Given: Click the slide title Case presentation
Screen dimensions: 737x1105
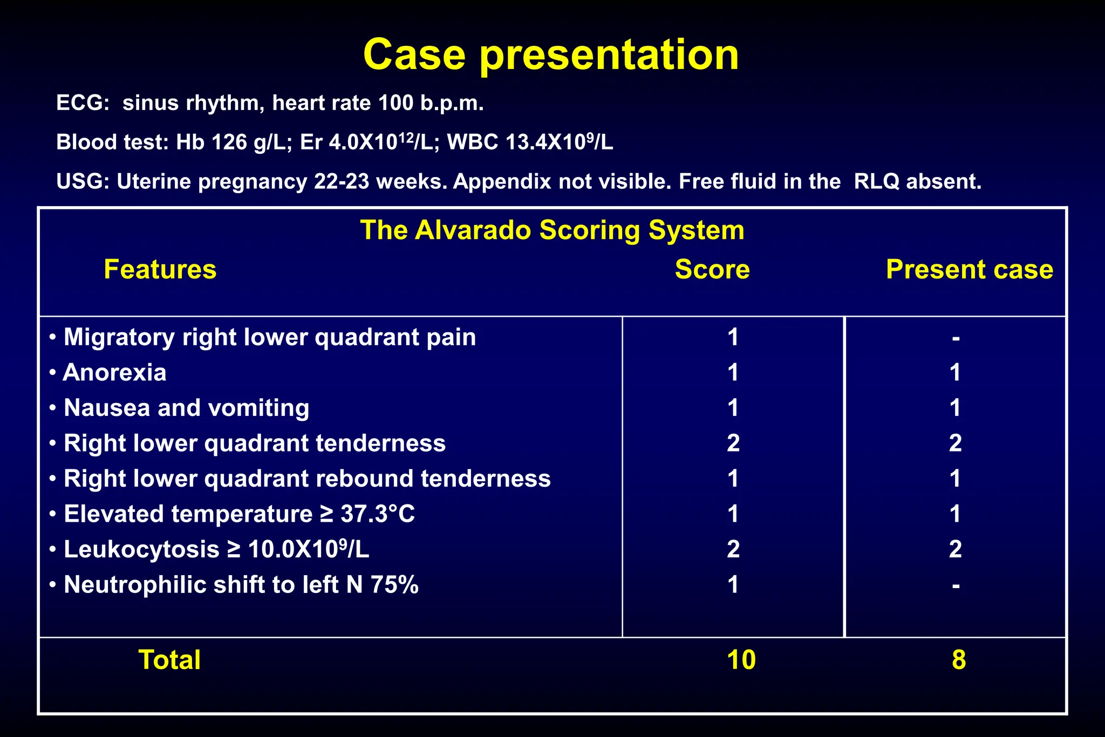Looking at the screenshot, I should (x=551, y=54).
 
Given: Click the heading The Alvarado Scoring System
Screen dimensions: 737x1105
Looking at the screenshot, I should (x=552, y=230).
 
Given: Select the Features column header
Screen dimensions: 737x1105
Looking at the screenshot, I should (x=160, y=269).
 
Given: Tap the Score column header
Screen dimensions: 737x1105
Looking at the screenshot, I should (x=712, y=269).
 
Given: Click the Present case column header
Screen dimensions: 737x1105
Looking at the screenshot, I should (x=969, y=269).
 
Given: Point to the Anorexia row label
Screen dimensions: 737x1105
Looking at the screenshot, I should (x=114, y=373).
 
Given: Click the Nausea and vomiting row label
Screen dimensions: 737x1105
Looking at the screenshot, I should (x=186, y=408).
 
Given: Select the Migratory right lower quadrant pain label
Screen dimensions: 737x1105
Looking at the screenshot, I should (x=269, y=337).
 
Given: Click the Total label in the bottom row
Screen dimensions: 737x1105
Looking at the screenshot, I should (x=169, y=660).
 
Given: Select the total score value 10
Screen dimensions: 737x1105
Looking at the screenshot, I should (x=741, y=660).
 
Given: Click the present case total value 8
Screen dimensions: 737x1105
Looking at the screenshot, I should (x=959, y=660).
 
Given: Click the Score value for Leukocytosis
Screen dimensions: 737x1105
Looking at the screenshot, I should (x=733, y=549).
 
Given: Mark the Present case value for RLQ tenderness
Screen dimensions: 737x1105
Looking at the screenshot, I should (x=955, y=443).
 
